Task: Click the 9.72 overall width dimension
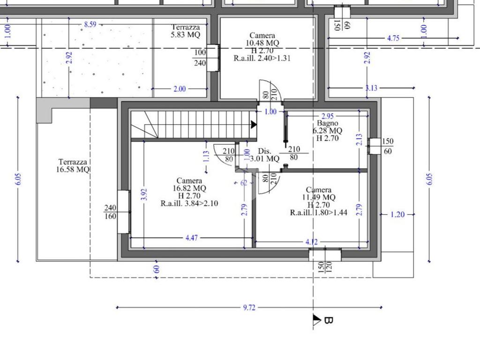[x=249, y=307]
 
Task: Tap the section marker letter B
[x=328, y=320]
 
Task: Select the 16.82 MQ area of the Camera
[x=189, y=188]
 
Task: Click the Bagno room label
[x=327, y=123]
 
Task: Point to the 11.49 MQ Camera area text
[x=319, y=197]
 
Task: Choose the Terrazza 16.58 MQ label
[x=73, y=165]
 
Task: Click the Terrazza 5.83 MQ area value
[x=186, y=35]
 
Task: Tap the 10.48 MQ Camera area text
[x=262, y=43]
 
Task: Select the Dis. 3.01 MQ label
[x=264, y=155]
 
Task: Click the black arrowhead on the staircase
[x=254, y=125]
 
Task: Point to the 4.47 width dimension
[x=192, y=238]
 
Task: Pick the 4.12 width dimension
[x=312, y=242]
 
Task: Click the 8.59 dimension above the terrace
[x=90, y=24]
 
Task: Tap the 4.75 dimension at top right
[x=393, y=38]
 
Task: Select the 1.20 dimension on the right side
[x=397, y=215]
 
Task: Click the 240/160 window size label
[x=110, y=212]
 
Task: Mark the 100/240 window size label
[x=200, y=58]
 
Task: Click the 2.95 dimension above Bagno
[x=328, y=116]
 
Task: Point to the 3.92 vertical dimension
[x=145, y=195]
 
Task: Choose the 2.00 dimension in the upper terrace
[x=180, y=89]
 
